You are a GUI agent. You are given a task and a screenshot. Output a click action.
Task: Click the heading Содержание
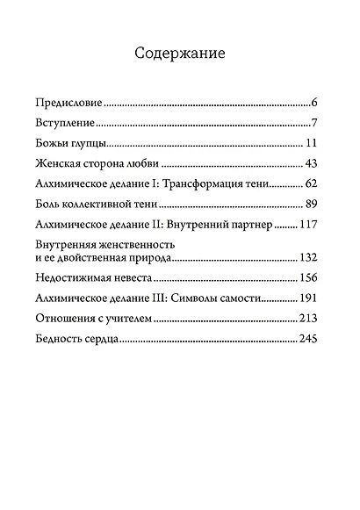(180, 54)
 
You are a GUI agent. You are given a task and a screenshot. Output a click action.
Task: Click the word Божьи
(51, 142)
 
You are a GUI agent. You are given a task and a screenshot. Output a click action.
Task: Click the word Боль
(47, 205)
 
